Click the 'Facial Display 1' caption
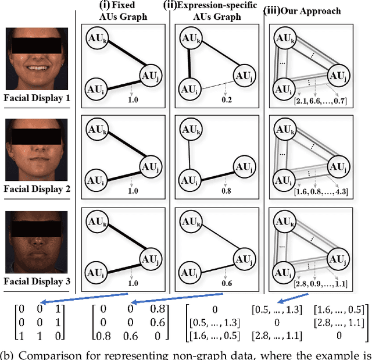tap(37, 98)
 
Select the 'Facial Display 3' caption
tap(37, 282)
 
